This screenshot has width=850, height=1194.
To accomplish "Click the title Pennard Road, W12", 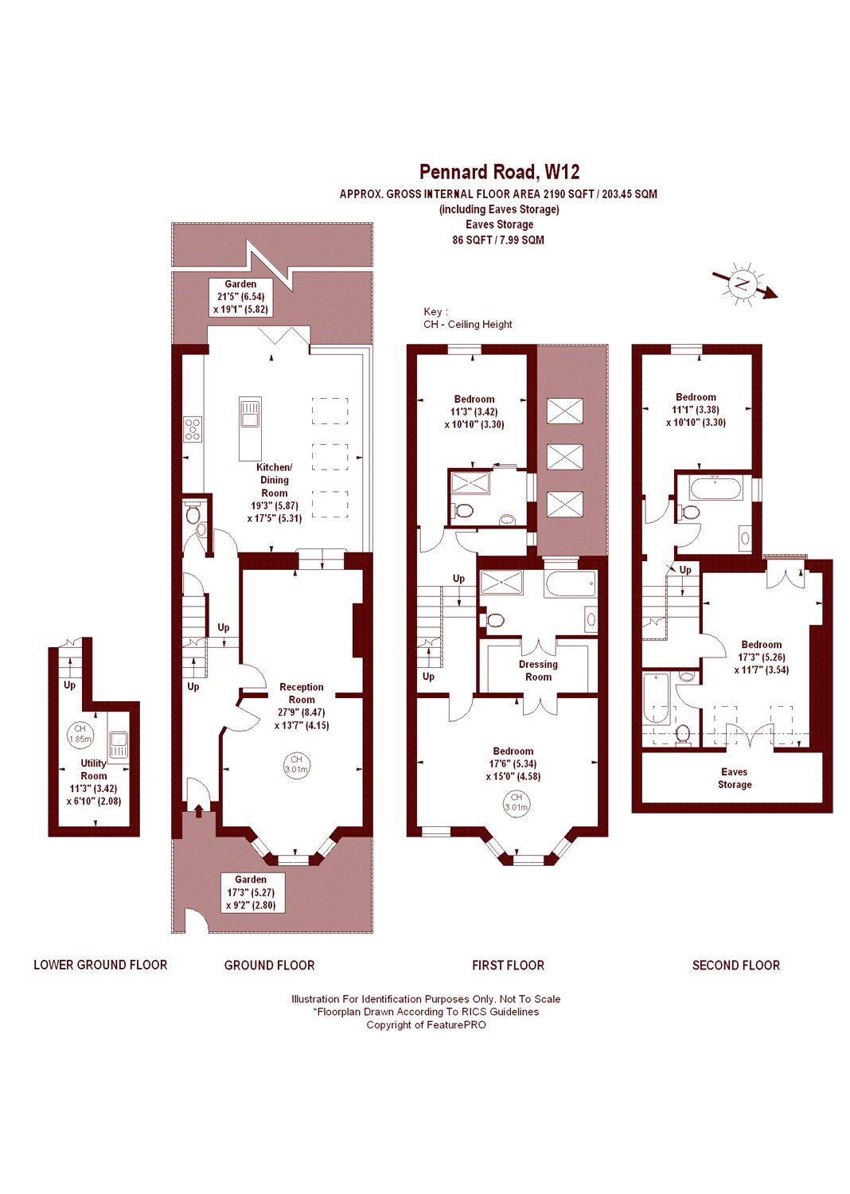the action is (499, 172).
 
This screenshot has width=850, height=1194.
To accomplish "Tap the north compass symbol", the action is (744, 285).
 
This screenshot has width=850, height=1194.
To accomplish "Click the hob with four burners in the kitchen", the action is (193, 429).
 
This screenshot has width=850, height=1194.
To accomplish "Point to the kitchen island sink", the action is (249, 412).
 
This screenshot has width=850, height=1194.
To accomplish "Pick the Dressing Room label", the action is (538, 670).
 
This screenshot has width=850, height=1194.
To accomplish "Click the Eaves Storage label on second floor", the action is (735, 778).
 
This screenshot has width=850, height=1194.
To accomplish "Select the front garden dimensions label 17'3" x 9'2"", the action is (251, 892).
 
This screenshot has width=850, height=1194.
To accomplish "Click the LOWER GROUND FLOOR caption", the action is (100, 965).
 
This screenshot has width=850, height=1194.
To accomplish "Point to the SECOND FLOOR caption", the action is (735, 965).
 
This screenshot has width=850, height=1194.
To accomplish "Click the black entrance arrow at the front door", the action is (199, 811).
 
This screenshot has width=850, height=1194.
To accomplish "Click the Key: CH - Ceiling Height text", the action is (467, 318).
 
